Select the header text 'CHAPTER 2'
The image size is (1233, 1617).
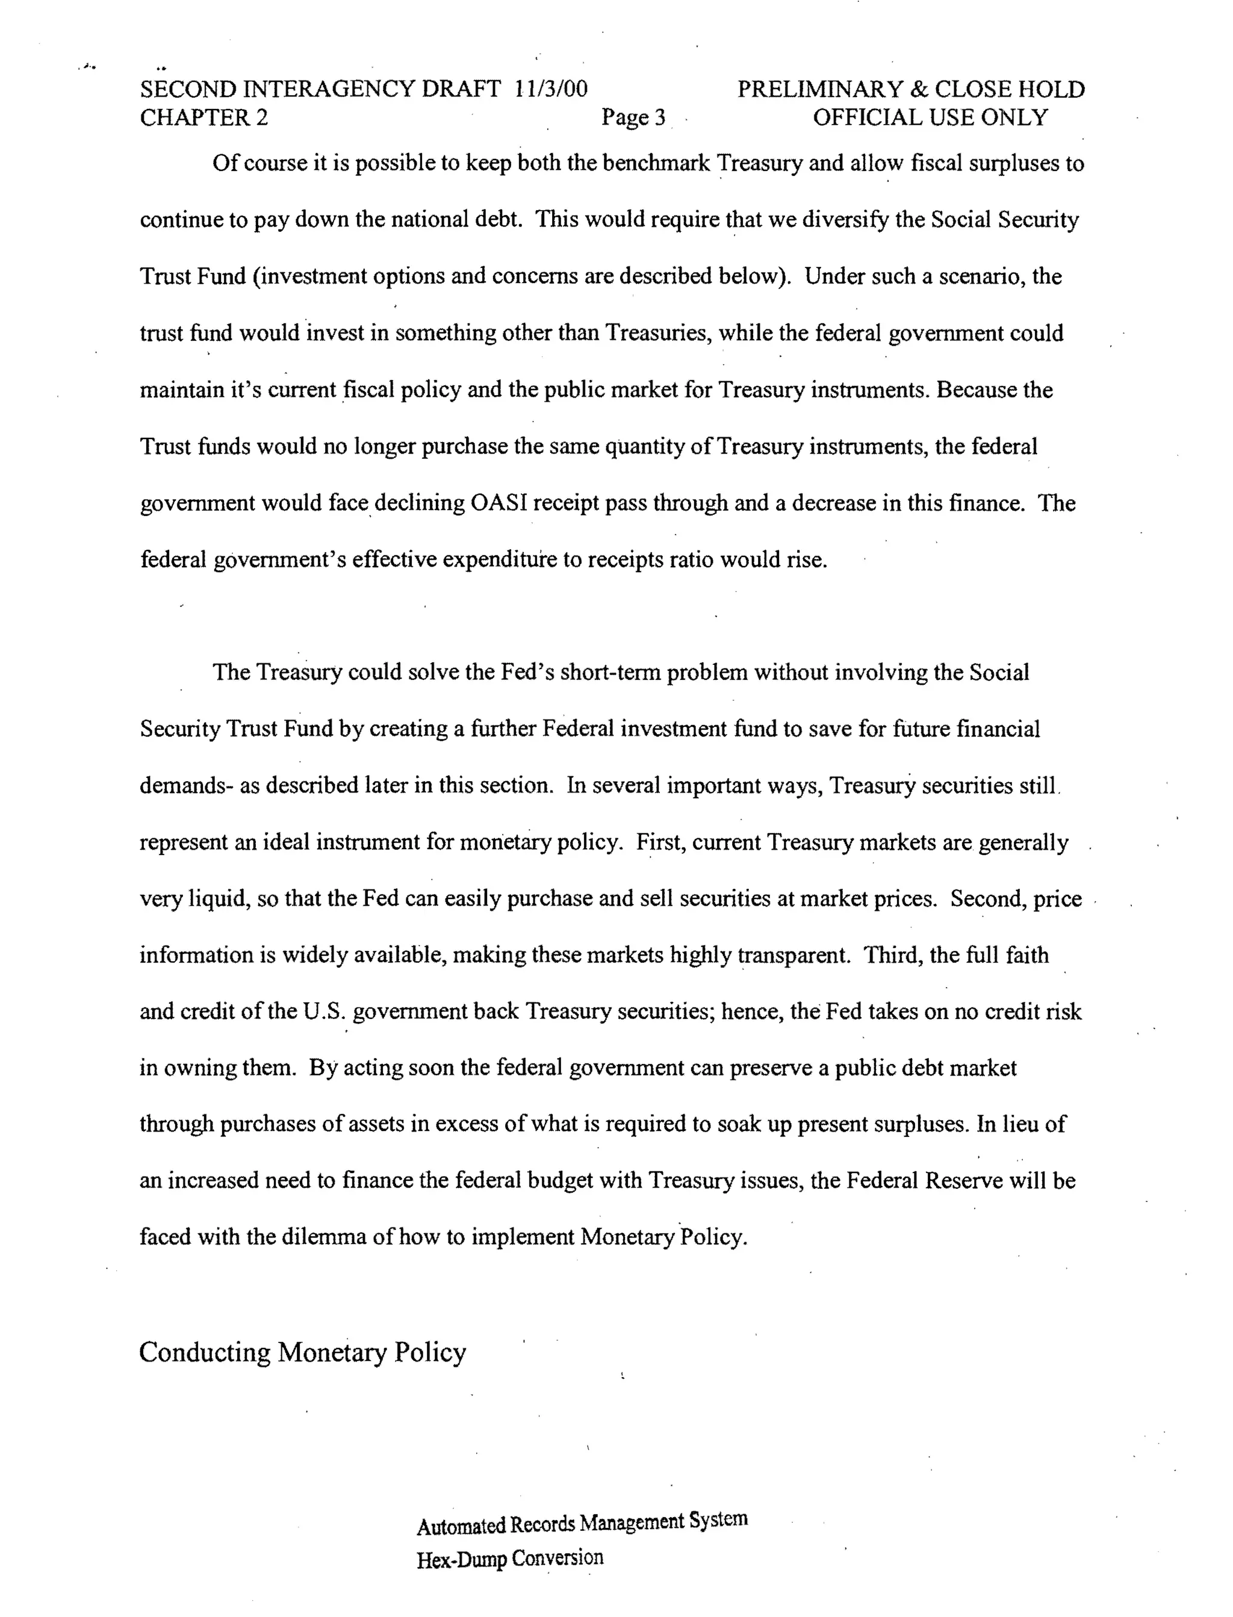click(x=204, y=117)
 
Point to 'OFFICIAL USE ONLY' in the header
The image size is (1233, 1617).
click(x=930, y=117)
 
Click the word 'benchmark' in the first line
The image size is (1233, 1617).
click(x=656, y=163)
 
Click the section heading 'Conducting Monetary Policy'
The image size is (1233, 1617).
click(x=302, y=1352)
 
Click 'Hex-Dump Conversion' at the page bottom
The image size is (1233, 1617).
click(x=510, y=1559)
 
